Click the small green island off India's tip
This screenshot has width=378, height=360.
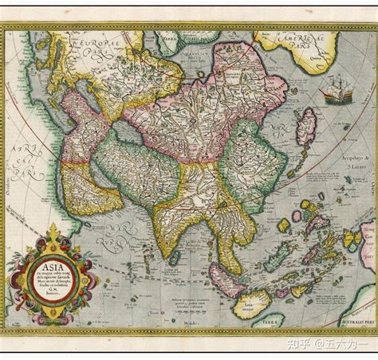tap(173, 256)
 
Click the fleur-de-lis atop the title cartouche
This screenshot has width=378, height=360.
tap(53, 232)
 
